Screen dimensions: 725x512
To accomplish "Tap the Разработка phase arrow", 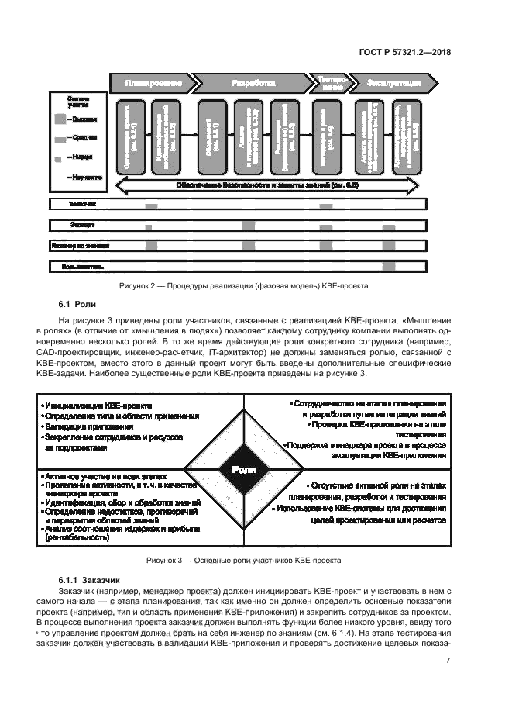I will pyautogui.click(x=253, y=83).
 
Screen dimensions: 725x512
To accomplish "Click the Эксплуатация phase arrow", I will pyautogui.click(x=393, y=83).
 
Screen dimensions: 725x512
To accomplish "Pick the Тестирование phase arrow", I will pyautogui.click(x=328, y=83).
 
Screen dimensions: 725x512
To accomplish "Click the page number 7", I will pyautogui.click(x=448, y=660).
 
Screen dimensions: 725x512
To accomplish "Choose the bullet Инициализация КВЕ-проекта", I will pyautogui.click(x=98, y=406).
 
